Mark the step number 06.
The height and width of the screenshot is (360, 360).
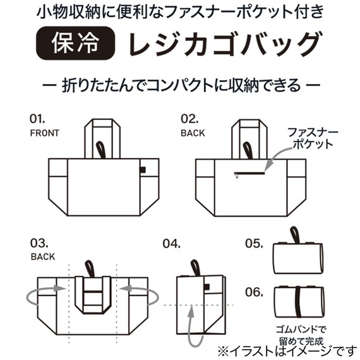(x=254, y=292)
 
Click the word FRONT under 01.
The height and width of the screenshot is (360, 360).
(x=44, y=133)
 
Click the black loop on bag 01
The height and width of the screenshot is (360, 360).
(x=101, y=150)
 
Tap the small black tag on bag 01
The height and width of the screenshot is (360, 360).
(x=143, y=169)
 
